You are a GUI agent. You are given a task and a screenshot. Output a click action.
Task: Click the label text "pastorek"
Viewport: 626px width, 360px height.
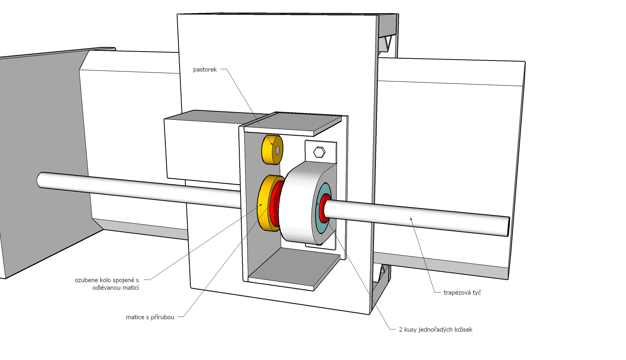click(x=205, y=70)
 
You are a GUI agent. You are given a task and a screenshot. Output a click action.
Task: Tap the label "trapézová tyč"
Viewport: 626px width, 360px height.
click(x=462, y=292)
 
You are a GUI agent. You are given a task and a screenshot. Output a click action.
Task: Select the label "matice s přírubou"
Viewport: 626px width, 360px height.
click(x=150, y=317)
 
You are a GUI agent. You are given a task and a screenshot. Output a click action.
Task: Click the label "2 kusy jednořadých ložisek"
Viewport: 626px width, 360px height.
click(x=436, y=330)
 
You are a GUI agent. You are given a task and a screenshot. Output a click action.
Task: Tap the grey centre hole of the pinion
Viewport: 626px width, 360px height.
click(x=277, y=150)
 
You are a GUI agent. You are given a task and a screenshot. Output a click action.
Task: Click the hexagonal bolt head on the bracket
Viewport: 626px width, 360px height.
click(x=319, y=152)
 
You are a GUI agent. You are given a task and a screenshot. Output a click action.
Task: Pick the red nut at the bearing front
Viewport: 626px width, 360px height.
click(x=324, y=209)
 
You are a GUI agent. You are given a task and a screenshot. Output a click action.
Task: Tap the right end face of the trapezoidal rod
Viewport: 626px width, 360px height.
click(x=508, y=227)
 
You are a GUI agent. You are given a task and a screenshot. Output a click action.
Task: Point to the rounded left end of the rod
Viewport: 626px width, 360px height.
click(x=40, y=180)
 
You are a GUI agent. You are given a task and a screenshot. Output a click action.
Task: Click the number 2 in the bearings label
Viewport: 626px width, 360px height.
click(x=401, y=330)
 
